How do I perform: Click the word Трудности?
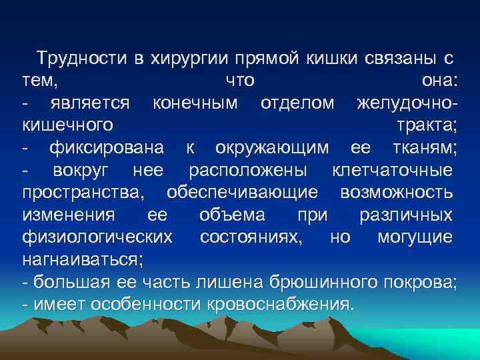point(81,58)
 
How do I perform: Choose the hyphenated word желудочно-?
point(407,103)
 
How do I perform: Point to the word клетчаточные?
point(392,171)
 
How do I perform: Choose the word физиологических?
point(97,238)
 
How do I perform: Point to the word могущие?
point(415,238)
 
